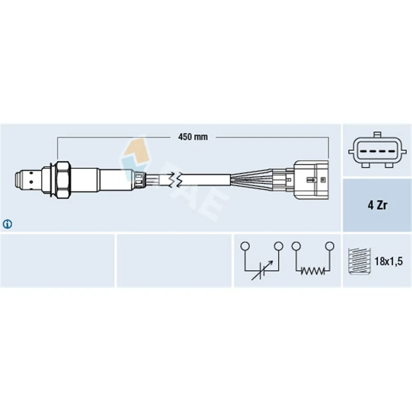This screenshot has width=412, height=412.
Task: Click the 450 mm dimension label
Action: [x=193, y=136]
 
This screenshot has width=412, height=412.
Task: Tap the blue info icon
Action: [x=7, y=224]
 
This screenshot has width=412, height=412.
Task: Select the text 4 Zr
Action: [x=377, y=205]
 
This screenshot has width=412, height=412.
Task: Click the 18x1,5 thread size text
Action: [x=388, y=262]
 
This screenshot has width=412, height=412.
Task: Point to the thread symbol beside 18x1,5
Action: [x=359, y=261]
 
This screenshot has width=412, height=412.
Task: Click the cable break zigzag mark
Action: [x=176, y=180]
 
